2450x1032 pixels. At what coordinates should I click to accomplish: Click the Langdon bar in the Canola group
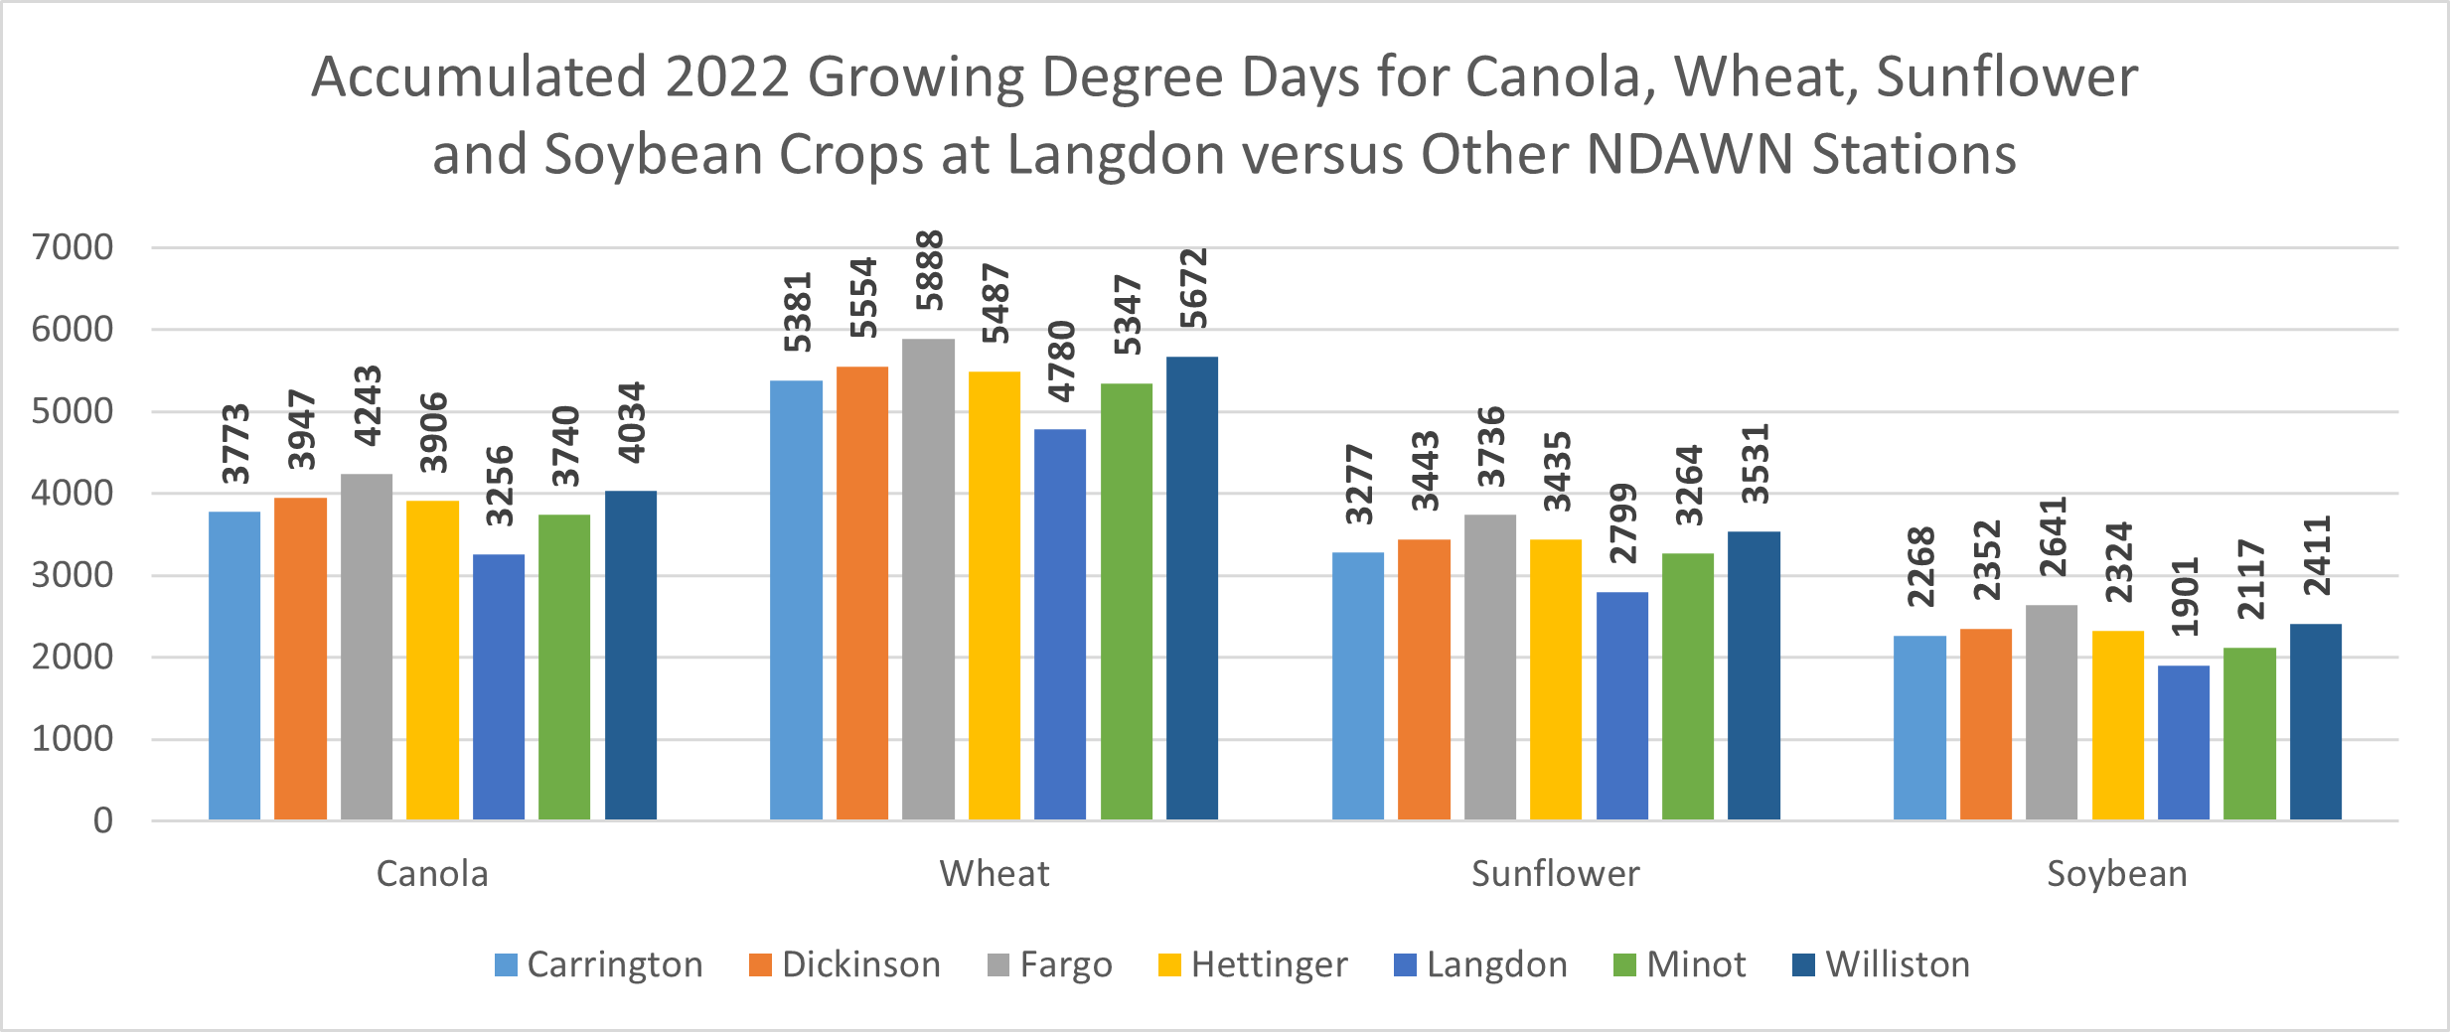[x=499, y=686]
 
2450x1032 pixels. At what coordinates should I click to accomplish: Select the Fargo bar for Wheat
[x=928, y=579]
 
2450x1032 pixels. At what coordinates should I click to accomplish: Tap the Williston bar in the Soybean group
[x=2315, y=721]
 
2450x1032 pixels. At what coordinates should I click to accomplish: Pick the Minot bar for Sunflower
[x=1688, y=686]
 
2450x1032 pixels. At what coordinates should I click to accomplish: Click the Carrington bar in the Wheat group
[x=796, y=600]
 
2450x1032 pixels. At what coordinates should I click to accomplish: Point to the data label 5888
[x=930, y=271]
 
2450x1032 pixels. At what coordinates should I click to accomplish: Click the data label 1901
[x=2186, y=597]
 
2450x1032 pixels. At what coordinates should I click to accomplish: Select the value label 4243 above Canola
[x=368, y=406]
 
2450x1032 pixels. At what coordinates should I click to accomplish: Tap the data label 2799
[x=1622, y=523]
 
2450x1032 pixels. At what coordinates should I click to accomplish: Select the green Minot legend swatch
[x=1624, y=965]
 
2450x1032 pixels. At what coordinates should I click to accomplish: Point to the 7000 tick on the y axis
[x=73, y=247]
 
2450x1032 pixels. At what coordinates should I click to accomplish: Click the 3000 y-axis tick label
[x=73, y=575]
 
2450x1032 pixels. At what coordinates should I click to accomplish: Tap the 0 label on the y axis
[x=103, y=820]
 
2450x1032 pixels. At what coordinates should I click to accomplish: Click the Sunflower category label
[x=1555, y=874]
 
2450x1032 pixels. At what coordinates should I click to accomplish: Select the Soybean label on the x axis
[x=2116, y=874]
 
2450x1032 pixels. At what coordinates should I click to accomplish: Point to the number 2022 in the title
[x=727, y=76]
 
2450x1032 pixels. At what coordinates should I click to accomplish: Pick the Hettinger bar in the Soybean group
[x=2117, y=725]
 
